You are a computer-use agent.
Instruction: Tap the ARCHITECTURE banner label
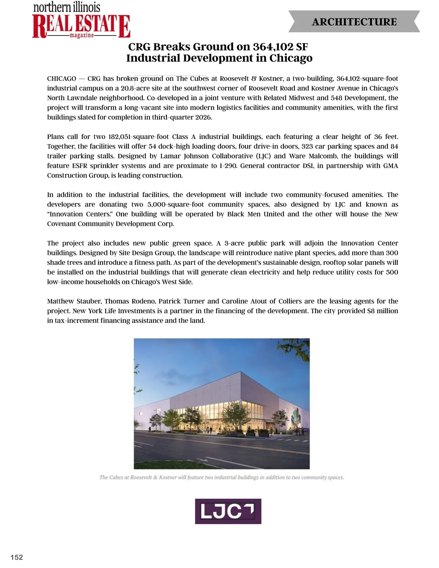(x=354, y=22)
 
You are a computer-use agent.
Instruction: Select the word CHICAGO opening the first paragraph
(x=61, y=79)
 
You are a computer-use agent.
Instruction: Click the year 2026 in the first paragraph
(x=203, y=117)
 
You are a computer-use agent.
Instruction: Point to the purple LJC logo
(x=228, y=511)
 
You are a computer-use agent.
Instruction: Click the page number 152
(x=17, y=557)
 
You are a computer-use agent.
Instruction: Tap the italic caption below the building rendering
(x=222, y=477)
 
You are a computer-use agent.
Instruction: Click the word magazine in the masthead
(x=82, y=35)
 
